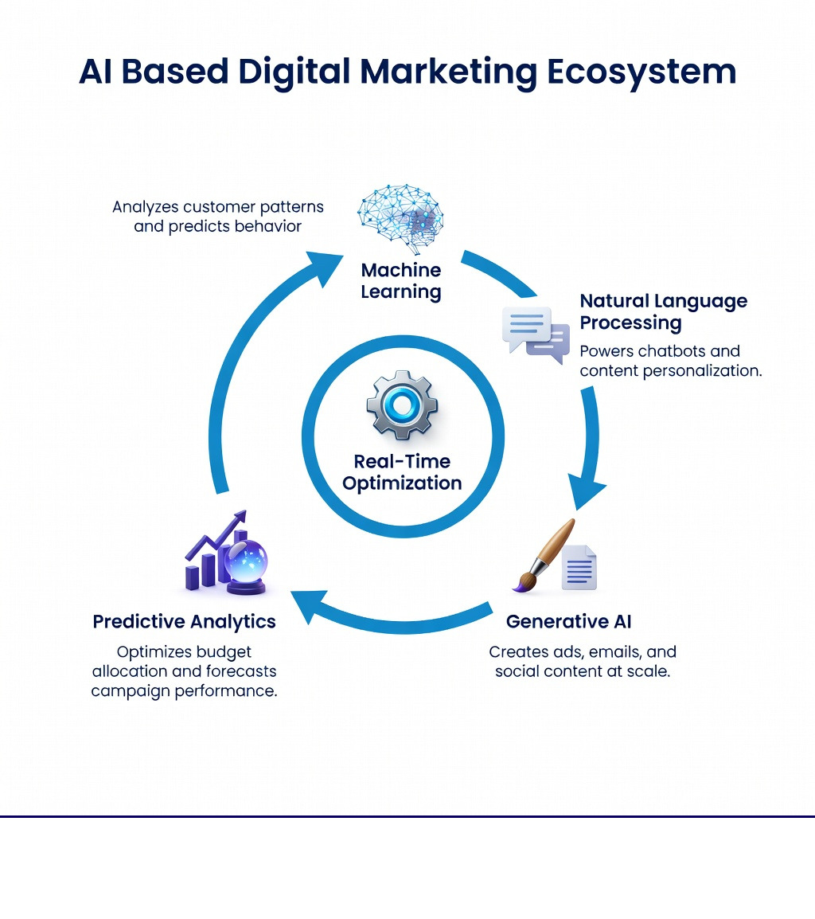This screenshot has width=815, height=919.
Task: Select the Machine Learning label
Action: click(x=400, y=281)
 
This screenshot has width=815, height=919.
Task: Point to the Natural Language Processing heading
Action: click(x=663, y=311)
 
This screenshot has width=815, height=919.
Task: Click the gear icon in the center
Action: click(x=402, y=405)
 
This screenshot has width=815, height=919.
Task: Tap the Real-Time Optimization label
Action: click(x=402, y=472)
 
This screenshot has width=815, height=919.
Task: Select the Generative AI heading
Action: click(x=568, y=621)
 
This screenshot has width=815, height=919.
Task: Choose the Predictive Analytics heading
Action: click(x=184, y=621)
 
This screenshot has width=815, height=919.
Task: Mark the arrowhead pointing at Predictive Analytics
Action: click(x=307, y=606)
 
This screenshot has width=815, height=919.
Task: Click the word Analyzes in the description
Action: click(x=145, y=207)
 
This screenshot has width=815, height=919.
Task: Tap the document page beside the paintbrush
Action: click(x=579, y=567)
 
